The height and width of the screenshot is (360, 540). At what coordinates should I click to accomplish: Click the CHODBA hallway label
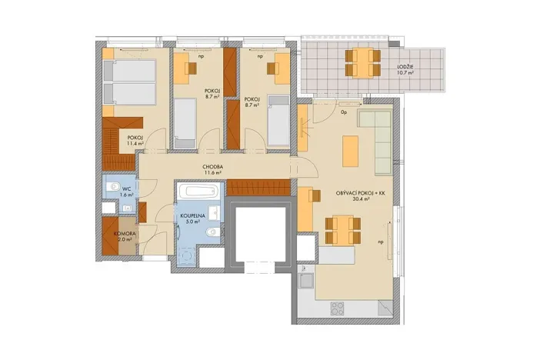point(213,166)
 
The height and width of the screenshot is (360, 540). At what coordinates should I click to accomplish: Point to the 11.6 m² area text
point(213,174)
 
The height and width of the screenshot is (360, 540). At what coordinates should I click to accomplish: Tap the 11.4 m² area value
point(136,144)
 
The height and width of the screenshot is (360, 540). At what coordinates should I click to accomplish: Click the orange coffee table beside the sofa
point(350,150)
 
